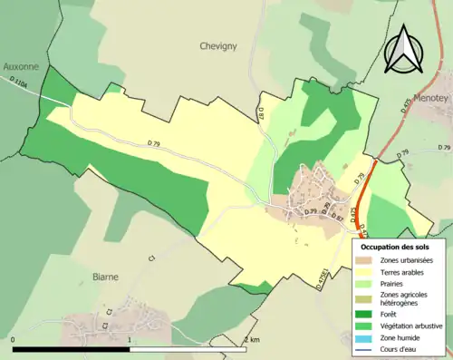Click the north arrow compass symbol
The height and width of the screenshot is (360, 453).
pyautogui.click(x=404, y=46)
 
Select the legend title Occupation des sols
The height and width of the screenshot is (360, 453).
pyautogui.click(x=395, y=247)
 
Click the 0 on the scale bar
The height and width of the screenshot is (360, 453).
pyautogui.click(x=14, y=340)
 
